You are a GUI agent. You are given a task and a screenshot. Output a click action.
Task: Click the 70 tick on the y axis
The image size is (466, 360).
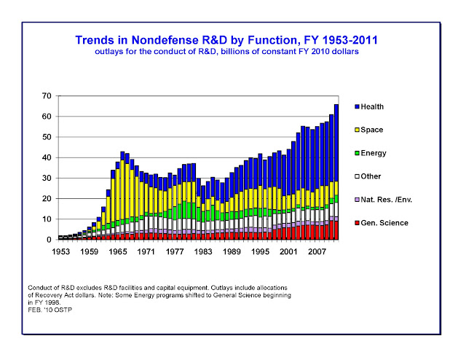[x=47, y=96]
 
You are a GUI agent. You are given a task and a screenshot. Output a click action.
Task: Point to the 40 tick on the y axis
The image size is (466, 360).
[x=47, y=157]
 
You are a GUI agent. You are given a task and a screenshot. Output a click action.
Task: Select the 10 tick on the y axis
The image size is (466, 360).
[x=47, y=219]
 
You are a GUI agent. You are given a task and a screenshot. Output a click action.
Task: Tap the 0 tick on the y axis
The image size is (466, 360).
[x=49, y=239]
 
